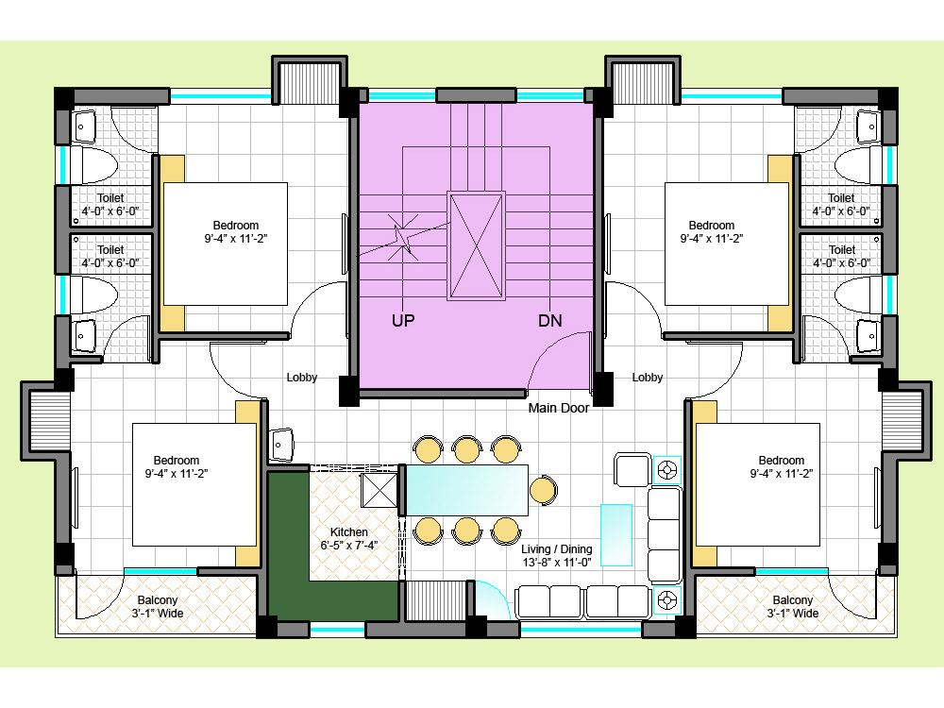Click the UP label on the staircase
tap(403, 320)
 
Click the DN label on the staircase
tap(549, 320)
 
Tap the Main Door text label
tap(558, 408)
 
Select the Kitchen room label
tap(348, 532)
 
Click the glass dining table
tap(467, 490)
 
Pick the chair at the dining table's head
tap(543, 490)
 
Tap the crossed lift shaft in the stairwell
tap(476, 245)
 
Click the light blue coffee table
tap(616, 535)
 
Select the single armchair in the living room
tap(632, 469)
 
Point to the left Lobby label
tap(302, 378)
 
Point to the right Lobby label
tap(648, 378)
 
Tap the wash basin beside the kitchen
tap(281, 444)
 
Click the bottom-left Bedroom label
tap(176, 461)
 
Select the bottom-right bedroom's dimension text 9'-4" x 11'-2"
tap(781, 474)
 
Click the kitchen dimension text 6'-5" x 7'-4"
tap(348, 546)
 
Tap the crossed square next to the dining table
tap(379, 490)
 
